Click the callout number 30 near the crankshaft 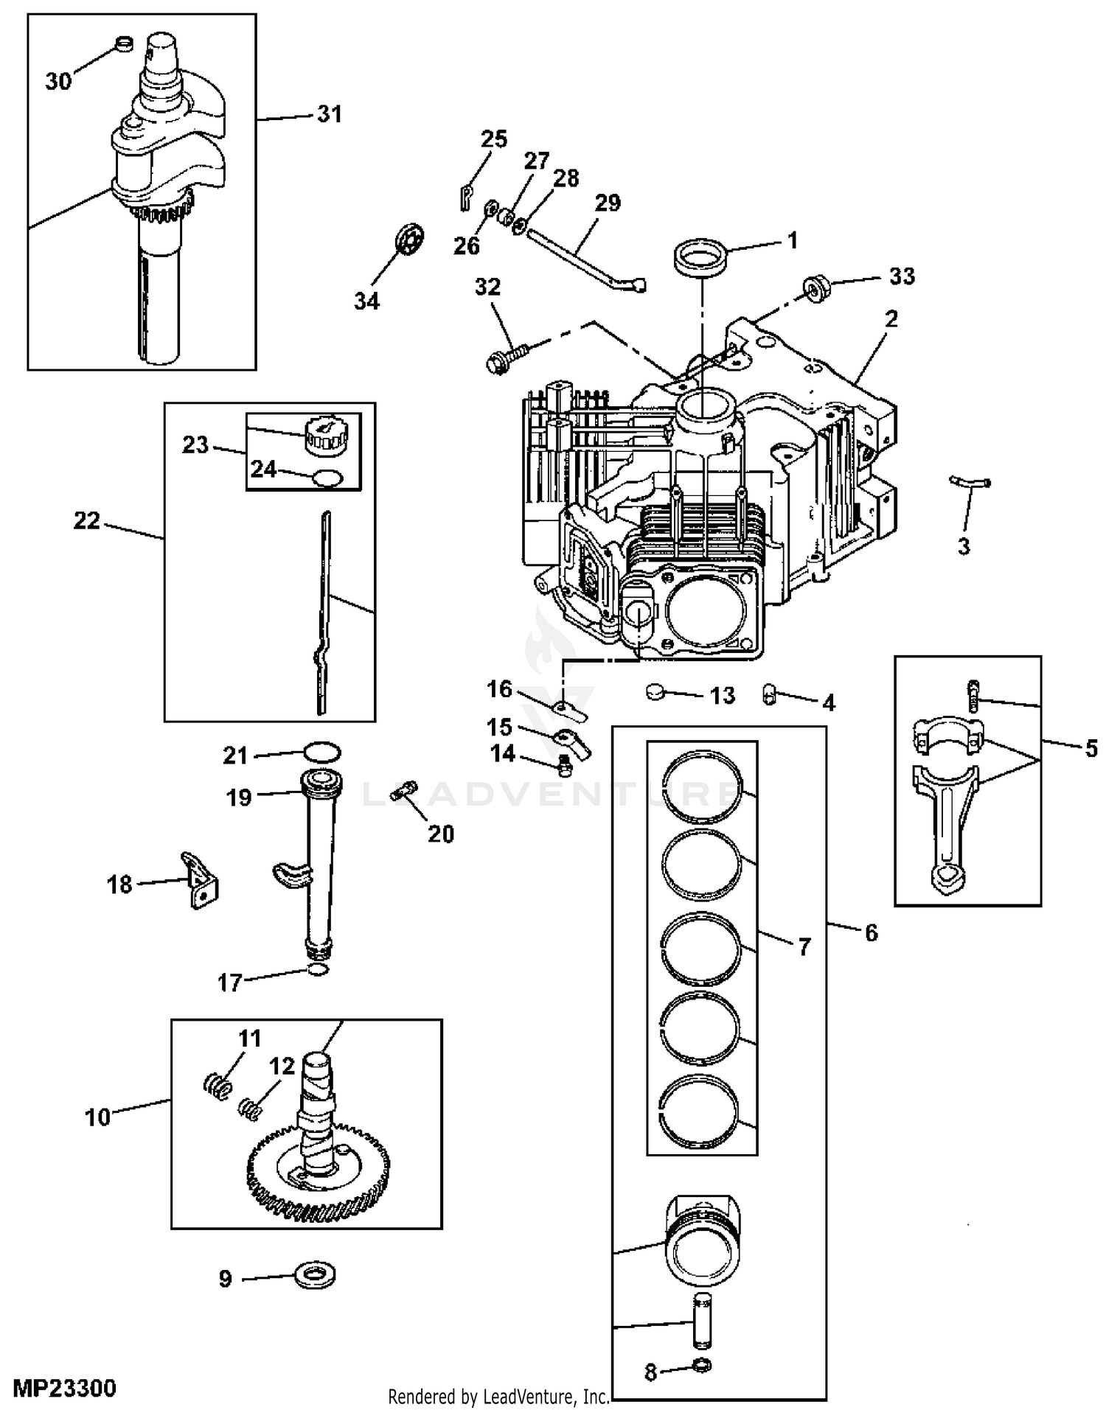(58, 81)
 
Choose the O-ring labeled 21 (323, 753)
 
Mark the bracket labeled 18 (201, 882)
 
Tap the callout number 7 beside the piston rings (803, 946)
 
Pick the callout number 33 (902, 276)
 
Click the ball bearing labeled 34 (410, 240)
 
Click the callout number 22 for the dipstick (87, 521)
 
